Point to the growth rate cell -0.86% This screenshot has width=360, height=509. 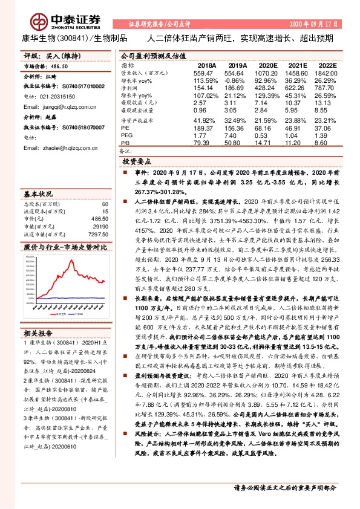point(236,80)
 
